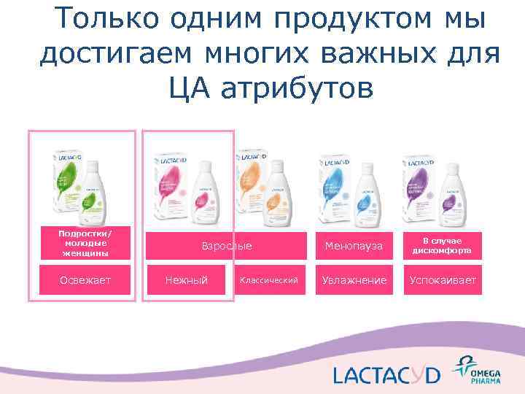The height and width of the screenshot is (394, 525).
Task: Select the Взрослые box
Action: tap(227, 246)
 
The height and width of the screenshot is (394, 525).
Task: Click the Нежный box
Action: tap(186, 280)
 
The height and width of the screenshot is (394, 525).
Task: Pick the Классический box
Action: tap(269, 280)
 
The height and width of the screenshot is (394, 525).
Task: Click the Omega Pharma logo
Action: tap(473, 369)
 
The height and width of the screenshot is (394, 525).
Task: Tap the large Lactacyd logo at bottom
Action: tap(386, 375)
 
